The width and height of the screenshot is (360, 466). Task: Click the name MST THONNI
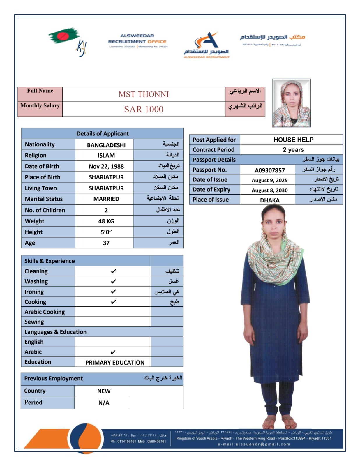tap(144, 94)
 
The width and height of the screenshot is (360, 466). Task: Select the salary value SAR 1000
tap(144, 109)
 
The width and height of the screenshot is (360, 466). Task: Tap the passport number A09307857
tap(269, 170)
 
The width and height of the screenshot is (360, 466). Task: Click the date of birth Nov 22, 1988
tap(106, 166)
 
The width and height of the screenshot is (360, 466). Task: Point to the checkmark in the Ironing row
tap(113, 292)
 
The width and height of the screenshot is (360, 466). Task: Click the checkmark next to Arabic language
tap(113, 352)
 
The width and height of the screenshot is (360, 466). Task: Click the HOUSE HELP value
tap(293, 140)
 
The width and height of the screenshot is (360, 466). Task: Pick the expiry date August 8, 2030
tap(269, 190)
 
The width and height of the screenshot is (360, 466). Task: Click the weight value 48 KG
tap(106, 221)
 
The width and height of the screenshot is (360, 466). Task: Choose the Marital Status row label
tap(44, 199)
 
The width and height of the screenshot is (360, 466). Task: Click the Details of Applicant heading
tap(103, 134)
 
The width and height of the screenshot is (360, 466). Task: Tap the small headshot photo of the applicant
tap(292, 103)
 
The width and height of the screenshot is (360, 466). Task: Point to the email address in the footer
tap(254, 444)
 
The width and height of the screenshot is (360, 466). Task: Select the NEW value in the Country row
tap(104, 391)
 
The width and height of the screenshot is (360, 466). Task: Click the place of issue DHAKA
tap(269, 200)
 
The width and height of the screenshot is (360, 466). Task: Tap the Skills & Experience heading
tap(50, 261)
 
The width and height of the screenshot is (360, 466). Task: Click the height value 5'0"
tap(106, 232)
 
